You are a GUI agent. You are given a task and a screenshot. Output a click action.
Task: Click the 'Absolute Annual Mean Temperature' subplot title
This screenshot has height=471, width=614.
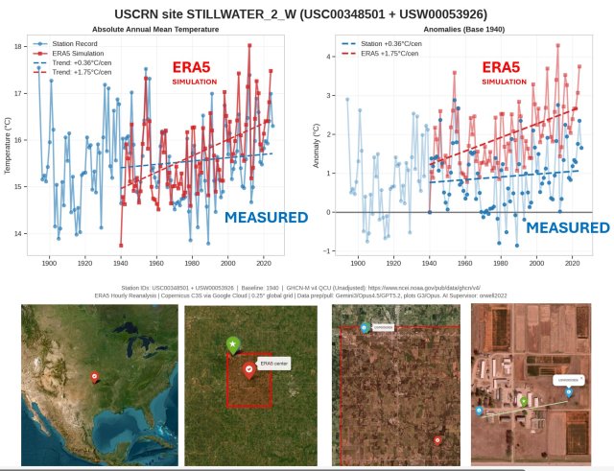pos(154,30)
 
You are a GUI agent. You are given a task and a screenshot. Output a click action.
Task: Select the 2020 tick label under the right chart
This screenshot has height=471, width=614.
pos(572,263)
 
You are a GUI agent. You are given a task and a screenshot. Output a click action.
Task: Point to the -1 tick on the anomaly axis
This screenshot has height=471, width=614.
pos(328,251)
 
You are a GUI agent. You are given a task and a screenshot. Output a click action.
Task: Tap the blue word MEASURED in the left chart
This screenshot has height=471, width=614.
pos(265,218)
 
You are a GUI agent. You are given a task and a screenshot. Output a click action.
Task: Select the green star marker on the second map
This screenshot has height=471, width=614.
pos(232,343)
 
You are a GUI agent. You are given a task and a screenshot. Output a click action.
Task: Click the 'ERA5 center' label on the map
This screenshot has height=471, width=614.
pos(273,363)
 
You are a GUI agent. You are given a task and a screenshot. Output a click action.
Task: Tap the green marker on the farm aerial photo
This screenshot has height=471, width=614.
pos(523,399)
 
